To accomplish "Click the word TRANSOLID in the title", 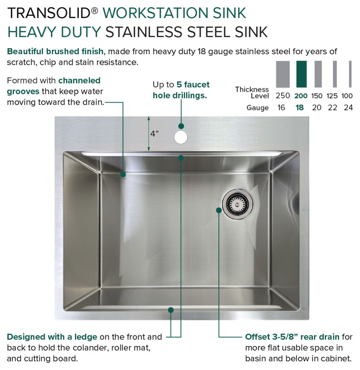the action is (x=49, y=13).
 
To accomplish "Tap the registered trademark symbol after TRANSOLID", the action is (x=95, y=10).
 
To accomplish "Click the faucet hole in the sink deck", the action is (x=181, y=137).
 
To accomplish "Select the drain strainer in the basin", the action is (x=238, y=204).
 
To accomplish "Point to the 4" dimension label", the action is (x=155, y=134).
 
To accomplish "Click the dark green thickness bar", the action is (x=301, y=74).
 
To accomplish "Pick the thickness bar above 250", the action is (x=283, y=74).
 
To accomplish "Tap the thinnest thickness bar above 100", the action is (x=350, y=74).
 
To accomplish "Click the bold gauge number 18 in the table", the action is (x=300, y=108).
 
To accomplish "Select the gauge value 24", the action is (x=348, y=108).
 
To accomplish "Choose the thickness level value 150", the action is (x=317, y=96).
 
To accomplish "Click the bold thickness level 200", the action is (x=301, y=96).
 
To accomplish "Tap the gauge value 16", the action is (x=281, y=108).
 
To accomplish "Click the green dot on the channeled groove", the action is (x=123, y=175).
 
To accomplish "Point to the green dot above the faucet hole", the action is (x=181, y=126).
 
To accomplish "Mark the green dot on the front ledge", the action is (x=171, y=310).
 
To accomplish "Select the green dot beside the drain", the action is (x=219, y=210).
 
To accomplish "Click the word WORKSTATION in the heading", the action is (x=156, y=13).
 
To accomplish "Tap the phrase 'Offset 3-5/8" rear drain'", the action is (x=292, y=337).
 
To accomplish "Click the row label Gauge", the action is (x=257, y=108).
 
